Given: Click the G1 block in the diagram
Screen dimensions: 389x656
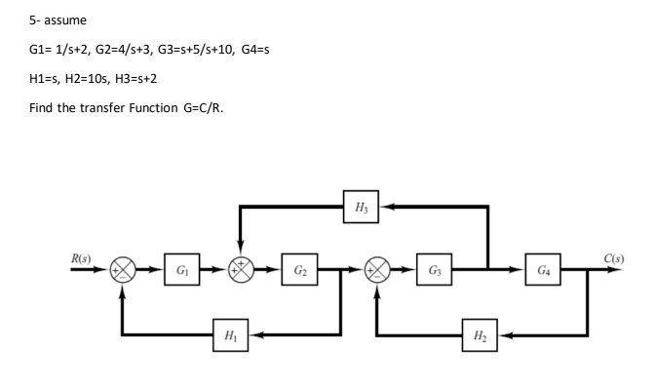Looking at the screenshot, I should click(182, 268).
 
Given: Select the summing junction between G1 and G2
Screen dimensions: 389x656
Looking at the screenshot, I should click(240, 268).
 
